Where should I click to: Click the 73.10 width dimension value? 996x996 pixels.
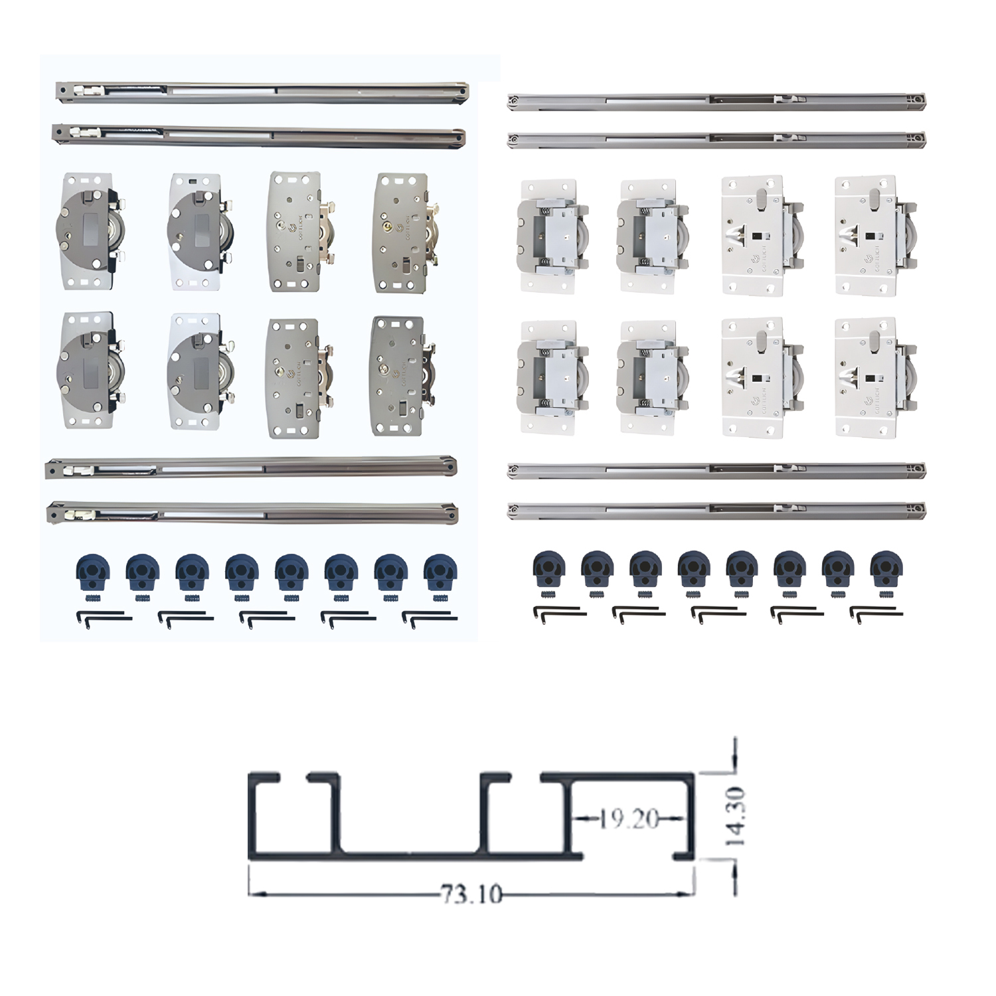(471, 894)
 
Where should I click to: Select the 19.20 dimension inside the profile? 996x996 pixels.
(629, 819)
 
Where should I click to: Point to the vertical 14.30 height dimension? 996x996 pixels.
(735, 816)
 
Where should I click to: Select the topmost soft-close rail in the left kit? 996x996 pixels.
(262, 92)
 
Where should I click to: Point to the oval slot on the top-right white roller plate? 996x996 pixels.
(874, 197)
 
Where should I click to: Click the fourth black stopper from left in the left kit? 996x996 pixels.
(242, 572)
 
